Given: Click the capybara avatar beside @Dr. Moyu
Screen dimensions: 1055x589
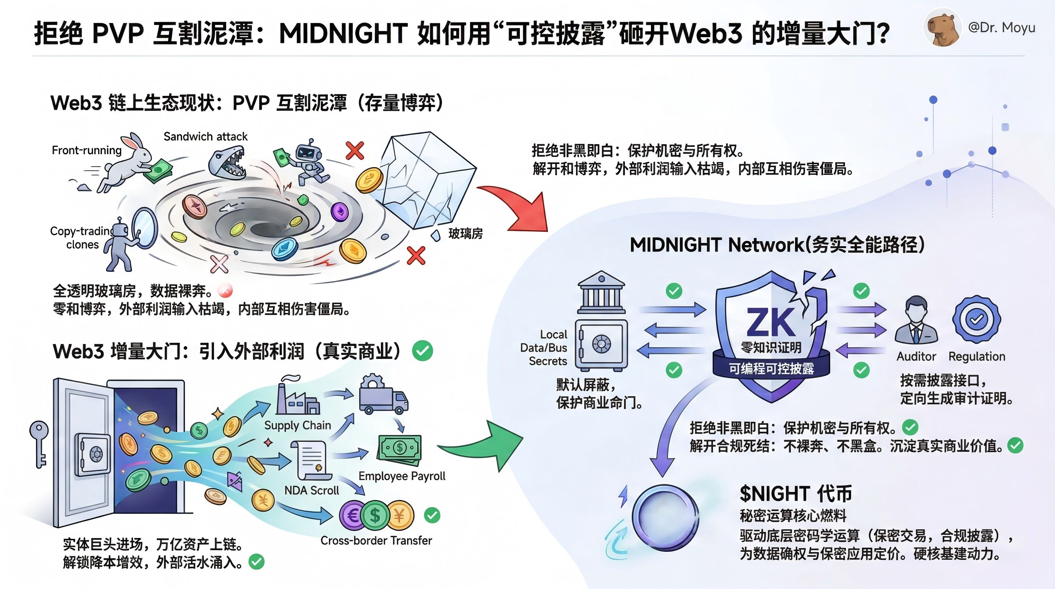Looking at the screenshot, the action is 942,27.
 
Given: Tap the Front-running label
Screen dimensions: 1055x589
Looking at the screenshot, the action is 86,150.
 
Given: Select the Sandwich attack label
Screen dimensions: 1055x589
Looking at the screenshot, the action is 205,137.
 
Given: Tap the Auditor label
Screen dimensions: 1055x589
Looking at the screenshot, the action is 916,356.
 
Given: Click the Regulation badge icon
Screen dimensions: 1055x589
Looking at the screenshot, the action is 976,319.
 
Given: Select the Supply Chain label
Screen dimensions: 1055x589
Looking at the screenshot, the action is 297,425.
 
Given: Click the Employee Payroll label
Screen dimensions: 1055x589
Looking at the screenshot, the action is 402,476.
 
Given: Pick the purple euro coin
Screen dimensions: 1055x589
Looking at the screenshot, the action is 353,516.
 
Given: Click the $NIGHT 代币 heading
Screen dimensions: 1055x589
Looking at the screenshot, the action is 795,494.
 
